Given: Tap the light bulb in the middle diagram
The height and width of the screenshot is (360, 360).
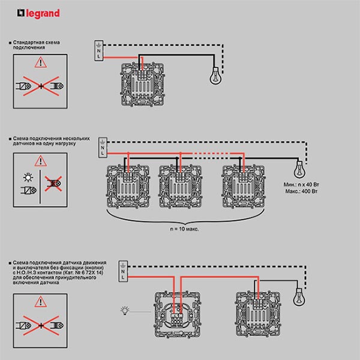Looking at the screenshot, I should (297, 167).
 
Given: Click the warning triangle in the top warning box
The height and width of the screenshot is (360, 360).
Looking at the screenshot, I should (40, 62).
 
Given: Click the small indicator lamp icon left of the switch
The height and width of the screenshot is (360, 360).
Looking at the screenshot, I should (125, 310).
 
